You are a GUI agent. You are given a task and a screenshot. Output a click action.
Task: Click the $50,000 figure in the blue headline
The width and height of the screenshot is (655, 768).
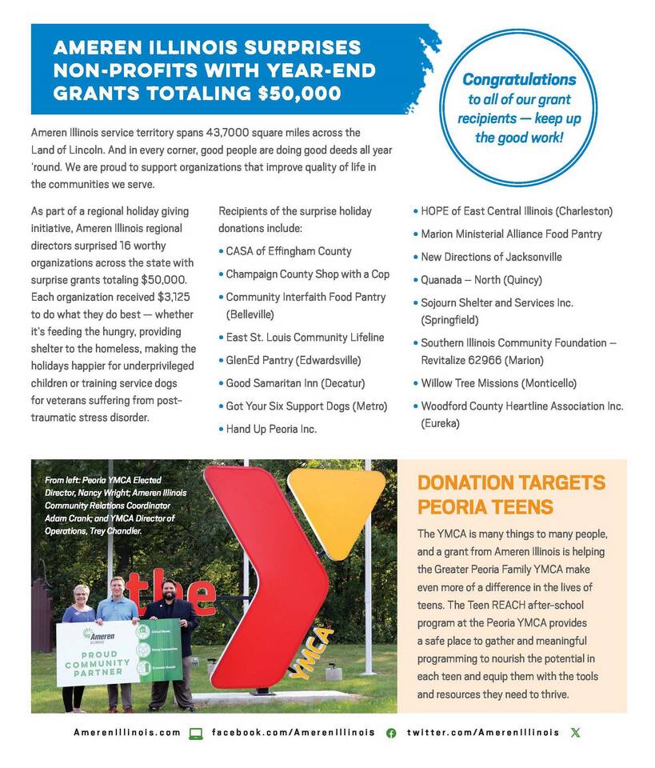pos(300,93)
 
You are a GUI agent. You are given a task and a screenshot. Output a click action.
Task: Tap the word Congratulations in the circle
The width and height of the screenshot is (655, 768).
pos(518,80)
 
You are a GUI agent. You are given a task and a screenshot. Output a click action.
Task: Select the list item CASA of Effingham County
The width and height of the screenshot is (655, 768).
pos(288,251)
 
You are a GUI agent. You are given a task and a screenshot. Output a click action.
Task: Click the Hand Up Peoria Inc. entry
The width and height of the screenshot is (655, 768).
pos(271,429)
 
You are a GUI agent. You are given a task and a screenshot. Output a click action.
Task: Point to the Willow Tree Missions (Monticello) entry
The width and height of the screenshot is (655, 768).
pos(498,383)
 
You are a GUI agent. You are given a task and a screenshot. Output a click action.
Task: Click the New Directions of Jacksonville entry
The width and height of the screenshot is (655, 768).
pos(491,257)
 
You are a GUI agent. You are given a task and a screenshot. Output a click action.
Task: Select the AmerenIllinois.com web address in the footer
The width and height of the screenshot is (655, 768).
pos(127,732)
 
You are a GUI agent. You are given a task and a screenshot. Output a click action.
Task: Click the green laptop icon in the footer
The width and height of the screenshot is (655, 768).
pos(196,733)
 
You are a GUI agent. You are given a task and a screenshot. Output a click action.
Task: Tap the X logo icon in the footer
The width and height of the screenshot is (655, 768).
pos(576,732)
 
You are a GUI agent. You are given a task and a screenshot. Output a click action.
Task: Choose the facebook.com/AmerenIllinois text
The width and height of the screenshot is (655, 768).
pos(293,732)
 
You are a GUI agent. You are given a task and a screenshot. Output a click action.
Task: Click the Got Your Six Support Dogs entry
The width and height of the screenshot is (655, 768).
pos(306,406)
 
